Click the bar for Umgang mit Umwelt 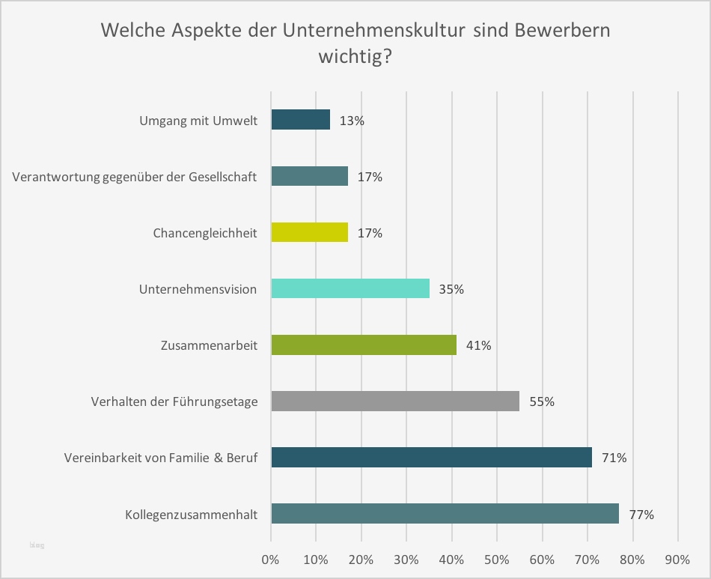tap(300, 120)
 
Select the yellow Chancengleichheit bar tap(309, 232)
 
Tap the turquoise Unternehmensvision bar tap(350, 288)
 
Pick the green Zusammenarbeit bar tap(364, 345)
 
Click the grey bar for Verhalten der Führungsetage tap(395, 401)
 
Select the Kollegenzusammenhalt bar tap(445, 514)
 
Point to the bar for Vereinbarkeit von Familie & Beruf tap(431, 457)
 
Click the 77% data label tap(641, 515)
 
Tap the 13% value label tap(352, 121)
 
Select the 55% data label tap(542, 401)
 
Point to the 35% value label tap(451, 289)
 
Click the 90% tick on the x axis tap(678, 559)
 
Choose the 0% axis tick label tap(270, 559)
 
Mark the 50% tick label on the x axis tap(496, 559)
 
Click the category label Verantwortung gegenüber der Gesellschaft tap(135, 177)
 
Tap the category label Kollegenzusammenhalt tap(191, 515)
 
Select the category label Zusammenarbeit tap(209, 345)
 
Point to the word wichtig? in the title tap(355, 57)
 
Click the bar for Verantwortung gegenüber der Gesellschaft tap(309, 176)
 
